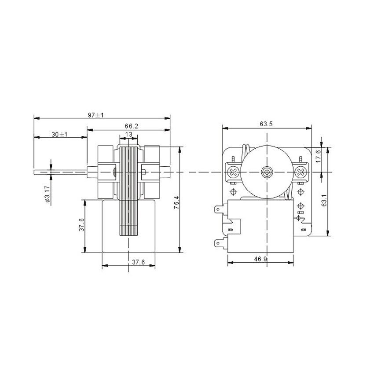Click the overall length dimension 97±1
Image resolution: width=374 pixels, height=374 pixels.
point(95,115)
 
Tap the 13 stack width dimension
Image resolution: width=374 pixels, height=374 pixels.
point(129,134)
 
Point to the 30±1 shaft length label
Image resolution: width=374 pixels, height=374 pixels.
point(59,134)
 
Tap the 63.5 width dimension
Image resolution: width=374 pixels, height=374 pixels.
point(266,125)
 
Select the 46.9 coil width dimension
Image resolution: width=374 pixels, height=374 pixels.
point(260,259)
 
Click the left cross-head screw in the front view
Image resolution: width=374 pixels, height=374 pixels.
point(233,171)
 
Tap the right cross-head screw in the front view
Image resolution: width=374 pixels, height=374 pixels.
point(301,171)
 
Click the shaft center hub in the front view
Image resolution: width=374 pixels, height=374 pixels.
point(267,171)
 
